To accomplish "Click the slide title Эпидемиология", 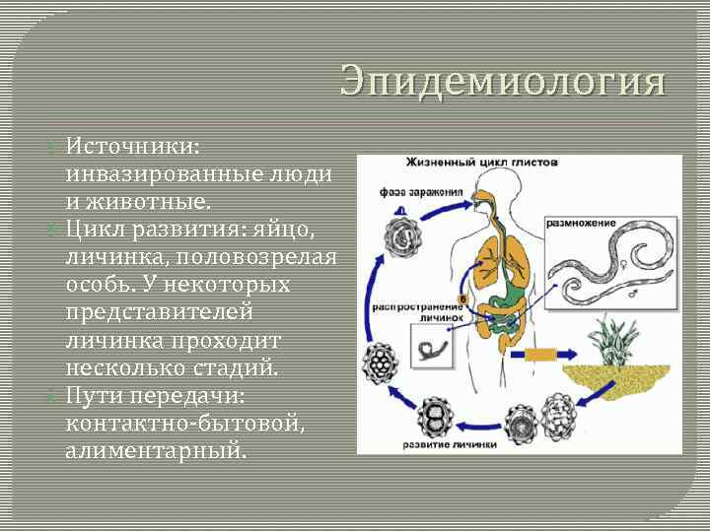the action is (503, 82).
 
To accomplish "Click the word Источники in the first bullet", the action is (131, 146).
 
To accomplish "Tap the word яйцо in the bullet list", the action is (294, 230).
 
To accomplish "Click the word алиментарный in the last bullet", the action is (156, 451).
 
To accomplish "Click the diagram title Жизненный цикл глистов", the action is (482, 163).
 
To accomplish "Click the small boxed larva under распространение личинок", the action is (431, 348).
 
